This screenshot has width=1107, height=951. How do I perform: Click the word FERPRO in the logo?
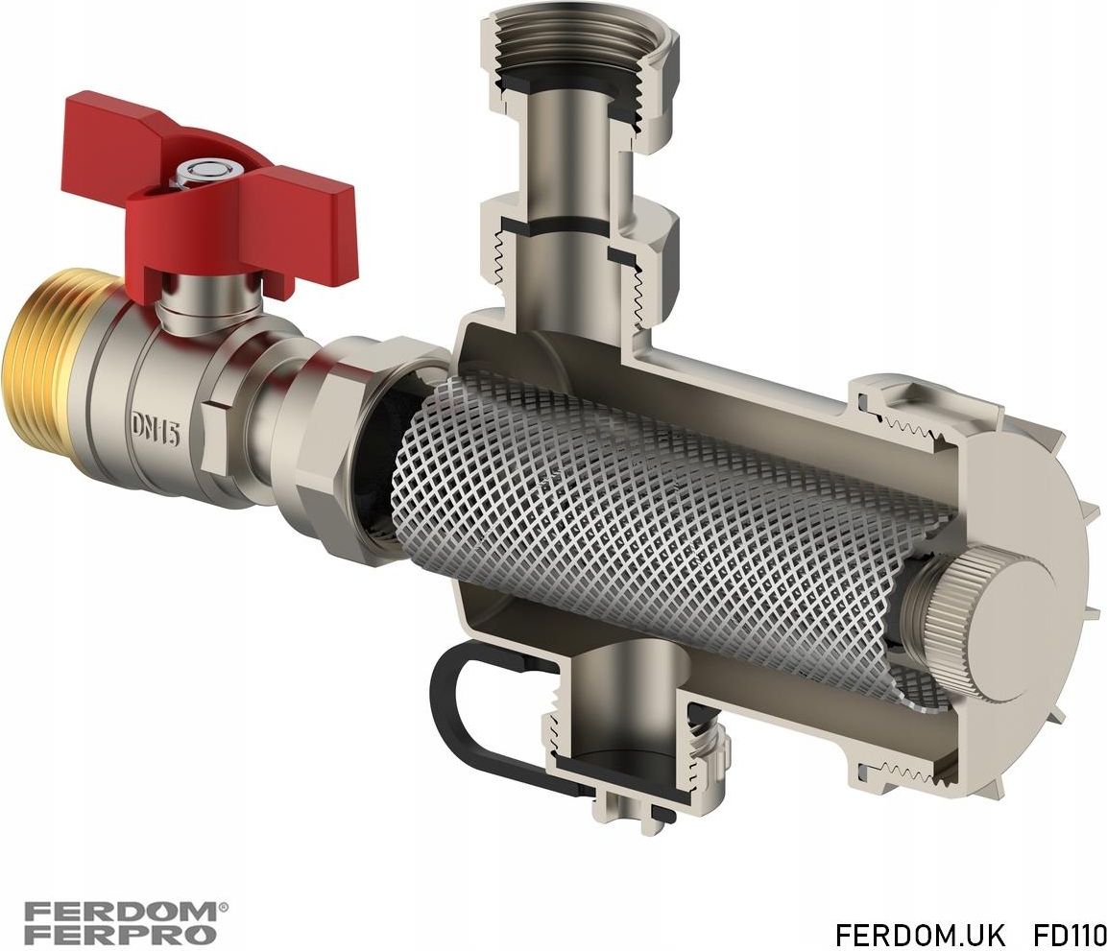120,935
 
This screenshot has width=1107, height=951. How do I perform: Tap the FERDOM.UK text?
919,934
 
